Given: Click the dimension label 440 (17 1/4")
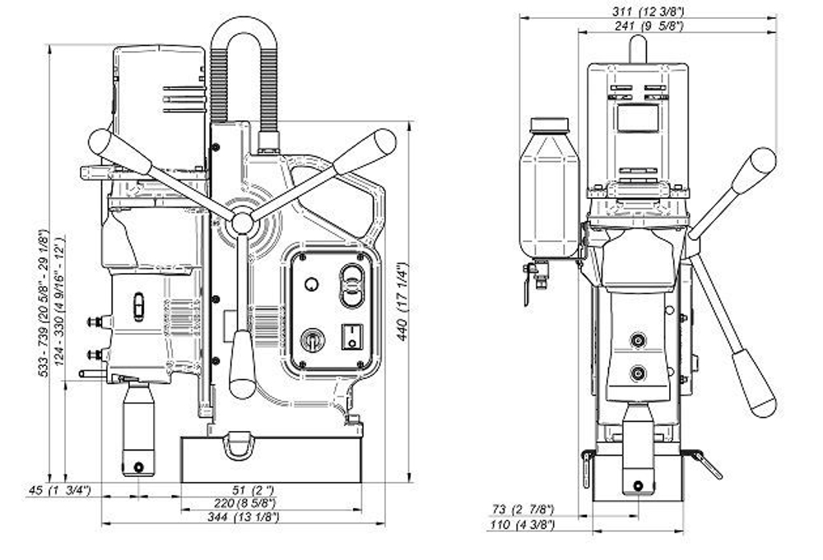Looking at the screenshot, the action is coord(402,302).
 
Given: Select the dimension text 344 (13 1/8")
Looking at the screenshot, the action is coord(243,517).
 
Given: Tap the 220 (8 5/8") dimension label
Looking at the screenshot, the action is coord(244,503).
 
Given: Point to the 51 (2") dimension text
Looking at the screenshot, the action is coord(253,490).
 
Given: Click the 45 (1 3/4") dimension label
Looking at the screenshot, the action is coord(59,490).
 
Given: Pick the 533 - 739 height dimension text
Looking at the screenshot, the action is coord(44,303).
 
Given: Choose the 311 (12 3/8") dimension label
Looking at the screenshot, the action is coord(649,11).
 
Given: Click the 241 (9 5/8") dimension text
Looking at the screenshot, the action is coord(649,25).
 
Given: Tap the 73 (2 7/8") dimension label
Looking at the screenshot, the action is coord(523,509).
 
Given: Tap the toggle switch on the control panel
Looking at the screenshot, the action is coord(312,340).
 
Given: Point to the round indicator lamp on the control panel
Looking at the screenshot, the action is coord(311,285).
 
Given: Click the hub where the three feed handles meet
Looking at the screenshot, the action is coord(243,223).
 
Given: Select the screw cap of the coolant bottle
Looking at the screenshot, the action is coord(549,125).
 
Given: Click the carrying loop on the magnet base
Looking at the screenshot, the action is coord(238,446).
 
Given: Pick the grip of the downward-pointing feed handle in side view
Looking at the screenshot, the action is coord(242,364).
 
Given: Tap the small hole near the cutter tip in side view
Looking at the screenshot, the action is coord(138,466).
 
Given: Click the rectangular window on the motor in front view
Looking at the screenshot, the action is coord(637,118).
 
